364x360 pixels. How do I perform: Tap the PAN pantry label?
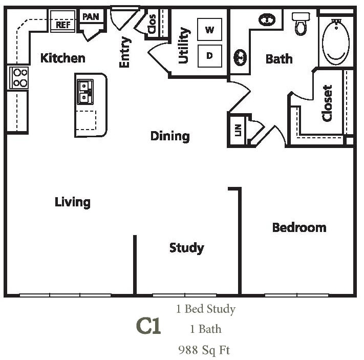tap(91, 17)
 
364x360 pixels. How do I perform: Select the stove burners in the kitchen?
tap(19, 77)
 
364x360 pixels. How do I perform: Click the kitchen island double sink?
tap(84, 92)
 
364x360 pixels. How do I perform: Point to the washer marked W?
tap(209, 30)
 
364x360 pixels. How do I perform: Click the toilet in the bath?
tap(301, 23)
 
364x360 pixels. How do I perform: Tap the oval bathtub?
tap(336, 41)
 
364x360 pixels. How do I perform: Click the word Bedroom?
tap(299, 227)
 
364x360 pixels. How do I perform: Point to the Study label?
tap(186, 248)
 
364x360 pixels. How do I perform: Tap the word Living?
tap(73, 202)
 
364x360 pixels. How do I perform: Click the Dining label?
tap(170, 136)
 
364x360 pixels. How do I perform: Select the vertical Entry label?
tap(124, 52)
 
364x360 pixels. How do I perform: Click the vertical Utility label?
tap(184, 46)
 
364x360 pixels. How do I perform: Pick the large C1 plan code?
tap(148, 326)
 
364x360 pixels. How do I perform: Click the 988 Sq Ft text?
tap(204, 350)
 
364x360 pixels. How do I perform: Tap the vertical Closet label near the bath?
tap(327, 103)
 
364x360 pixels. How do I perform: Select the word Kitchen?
tap(62, 58)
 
